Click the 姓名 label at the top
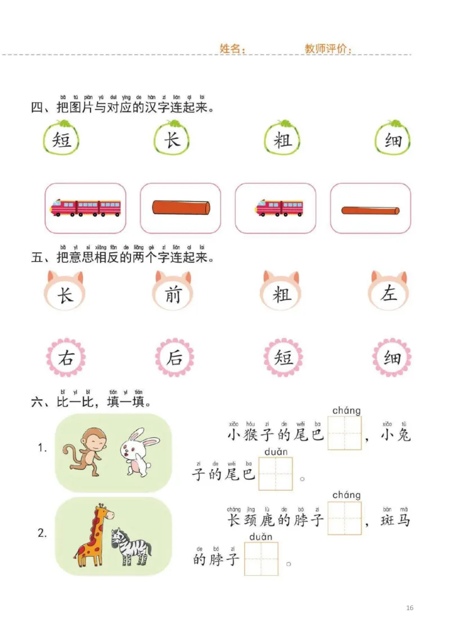[232, 48]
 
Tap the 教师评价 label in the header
[328, 48]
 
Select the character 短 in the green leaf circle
[62, 140]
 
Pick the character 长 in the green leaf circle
[172, 140]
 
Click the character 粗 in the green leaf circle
[282, 140]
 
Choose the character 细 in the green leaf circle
[393, 140]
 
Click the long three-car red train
[85, 208]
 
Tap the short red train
[279, 208]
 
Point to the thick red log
[181, 208]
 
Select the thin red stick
[370, 210]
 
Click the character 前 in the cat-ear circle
[172, 294]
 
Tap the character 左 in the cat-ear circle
[389, 294]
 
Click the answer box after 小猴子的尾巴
[345, 433]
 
